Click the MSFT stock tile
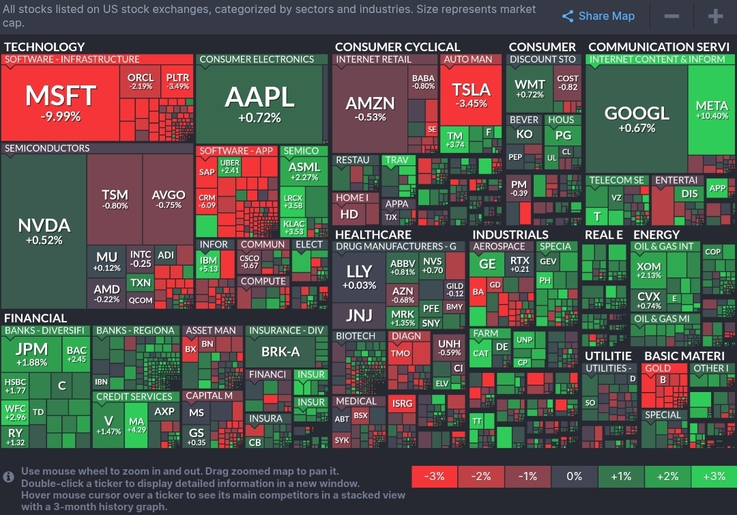[61, 102]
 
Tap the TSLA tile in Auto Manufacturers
[472, 95]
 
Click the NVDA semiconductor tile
[44, 231]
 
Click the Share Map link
[598, 16]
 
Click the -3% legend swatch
[434, 476]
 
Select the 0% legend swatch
[574, 476]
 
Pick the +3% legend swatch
[713, 476]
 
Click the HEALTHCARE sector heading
[373, 235]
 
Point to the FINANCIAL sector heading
[35, 318]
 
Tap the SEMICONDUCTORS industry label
[47, 148]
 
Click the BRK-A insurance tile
[280, 352]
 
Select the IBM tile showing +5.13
[208, 264]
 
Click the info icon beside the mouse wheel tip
[9, 476]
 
